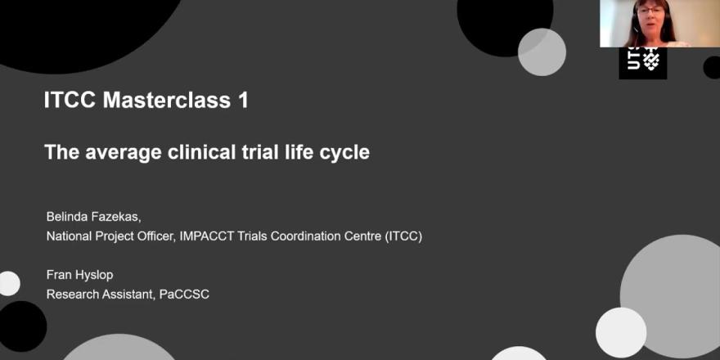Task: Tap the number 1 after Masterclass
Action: (x=243, y=100)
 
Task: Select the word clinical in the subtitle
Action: (x=200, y=152)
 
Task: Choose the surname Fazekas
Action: (x=117, y=218)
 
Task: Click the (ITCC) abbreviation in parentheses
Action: (x=403, y=237)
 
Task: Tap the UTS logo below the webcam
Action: (x=642, y=62)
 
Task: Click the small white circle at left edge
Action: (x=9, y=283)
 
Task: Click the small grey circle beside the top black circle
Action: (x=542, y=52)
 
